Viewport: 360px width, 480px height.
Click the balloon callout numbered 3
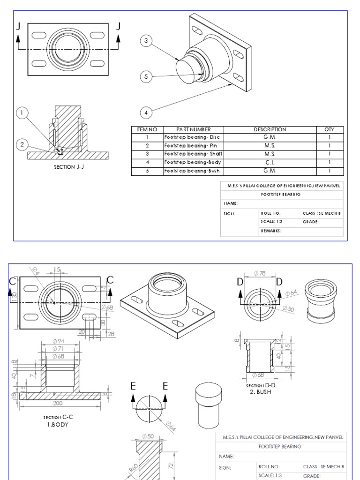[x=146, y=41]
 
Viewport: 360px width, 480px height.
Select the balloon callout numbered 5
[x=146, y=76]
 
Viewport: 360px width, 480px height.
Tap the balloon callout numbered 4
[x=146, y=112]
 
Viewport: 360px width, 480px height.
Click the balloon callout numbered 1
[x=22, y=112]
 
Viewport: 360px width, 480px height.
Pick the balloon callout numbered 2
[x=22, y=144]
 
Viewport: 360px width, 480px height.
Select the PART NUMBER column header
[x=193, y=129]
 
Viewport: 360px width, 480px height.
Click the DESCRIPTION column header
[x=270, y=129]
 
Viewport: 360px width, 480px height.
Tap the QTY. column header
[x=330, y=129]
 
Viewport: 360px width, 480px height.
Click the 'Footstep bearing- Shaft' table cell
[x=193, y=154]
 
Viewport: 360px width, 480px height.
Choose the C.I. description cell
[x=270, y=162]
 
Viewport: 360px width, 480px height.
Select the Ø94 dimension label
[x=59, y=341]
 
